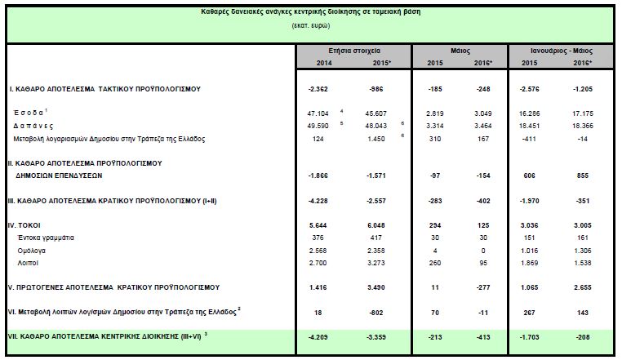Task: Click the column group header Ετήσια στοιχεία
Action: point(353,51)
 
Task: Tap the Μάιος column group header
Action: point(460,51)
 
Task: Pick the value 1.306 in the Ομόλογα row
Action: point(580,251)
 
